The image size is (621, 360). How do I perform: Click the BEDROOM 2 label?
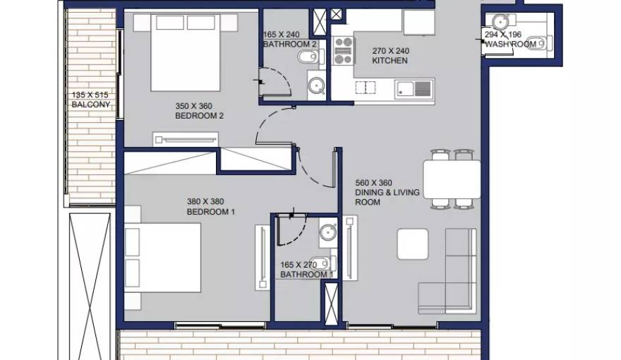199,116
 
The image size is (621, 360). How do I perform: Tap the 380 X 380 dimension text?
205,202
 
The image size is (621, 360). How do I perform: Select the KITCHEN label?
390,61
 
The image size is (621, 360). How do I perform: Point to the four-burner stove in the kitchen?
343,50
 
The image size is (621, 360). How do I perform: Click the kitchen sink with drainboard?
414,89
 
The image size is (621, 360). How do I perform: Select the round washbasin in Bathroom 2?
316,86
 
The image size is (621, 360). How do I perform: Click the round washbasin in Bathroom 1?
328,232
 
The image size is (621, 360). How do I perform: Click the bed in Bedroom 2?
186,52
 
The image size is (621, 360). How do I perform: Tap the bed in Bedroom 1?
163,258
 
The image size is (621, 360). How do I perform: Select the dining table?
452,179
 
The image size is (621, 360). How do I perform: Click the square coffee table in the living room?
413,244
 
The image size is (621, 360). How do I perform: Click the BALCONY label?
91,105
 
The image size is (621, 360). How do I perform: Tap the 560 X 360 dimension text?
373,183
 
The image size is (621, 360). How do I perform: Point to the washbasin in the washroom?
500,21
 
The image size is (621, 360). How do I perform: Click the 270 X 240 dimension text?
390,51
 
